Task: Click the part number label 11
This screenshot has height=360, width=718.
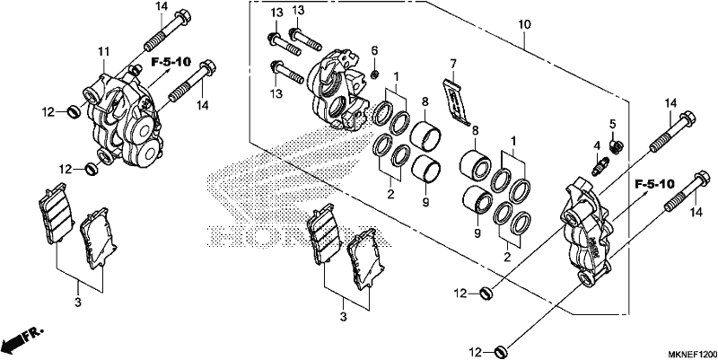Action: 103,51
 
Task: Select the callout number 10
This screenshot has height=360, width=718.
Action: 524,24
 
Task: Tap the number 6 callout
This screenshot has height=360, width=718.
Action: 374,50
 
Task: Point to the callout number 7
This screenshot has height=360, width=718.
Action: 453,63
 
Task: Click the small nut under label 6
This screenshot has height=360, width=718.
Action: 374,73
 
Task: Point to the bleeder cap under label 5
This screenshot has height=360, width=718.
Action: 616,146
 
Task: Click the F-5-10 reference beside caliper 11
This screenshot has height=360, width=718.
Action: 171,62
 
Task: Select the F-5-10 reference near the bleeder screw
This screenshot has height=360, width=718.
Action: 654,185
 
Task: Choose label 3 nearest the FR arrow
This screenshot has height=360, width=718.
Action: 78,302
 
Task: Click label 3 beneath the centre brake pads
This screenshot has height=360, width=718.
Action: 344,317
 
